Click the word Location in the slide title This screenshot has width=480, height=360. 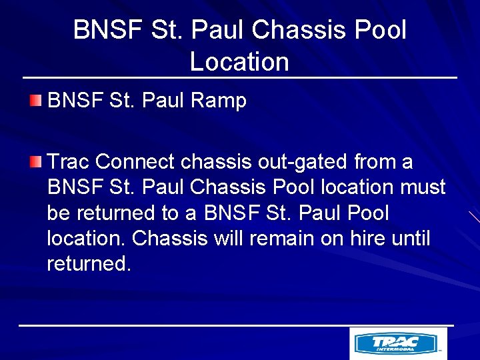coord(239,61)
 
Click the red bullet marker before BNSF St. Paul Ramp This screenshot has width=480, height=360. coord(35,101)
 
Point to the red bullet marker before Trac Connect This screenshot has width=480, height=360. coord(35,161)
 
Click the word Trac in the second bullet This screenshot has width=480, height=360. coord(69,162)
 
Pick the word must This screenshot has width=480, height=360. coord(422,187)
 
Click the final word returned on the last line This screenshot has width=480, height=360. coord(89,263)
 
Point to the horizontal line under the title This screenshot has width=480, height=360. coord(240,78)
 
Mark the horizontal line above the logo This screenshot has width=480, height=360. coord(236,325)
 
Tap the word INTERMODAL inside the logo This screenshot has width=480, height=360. coord(395,348)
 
